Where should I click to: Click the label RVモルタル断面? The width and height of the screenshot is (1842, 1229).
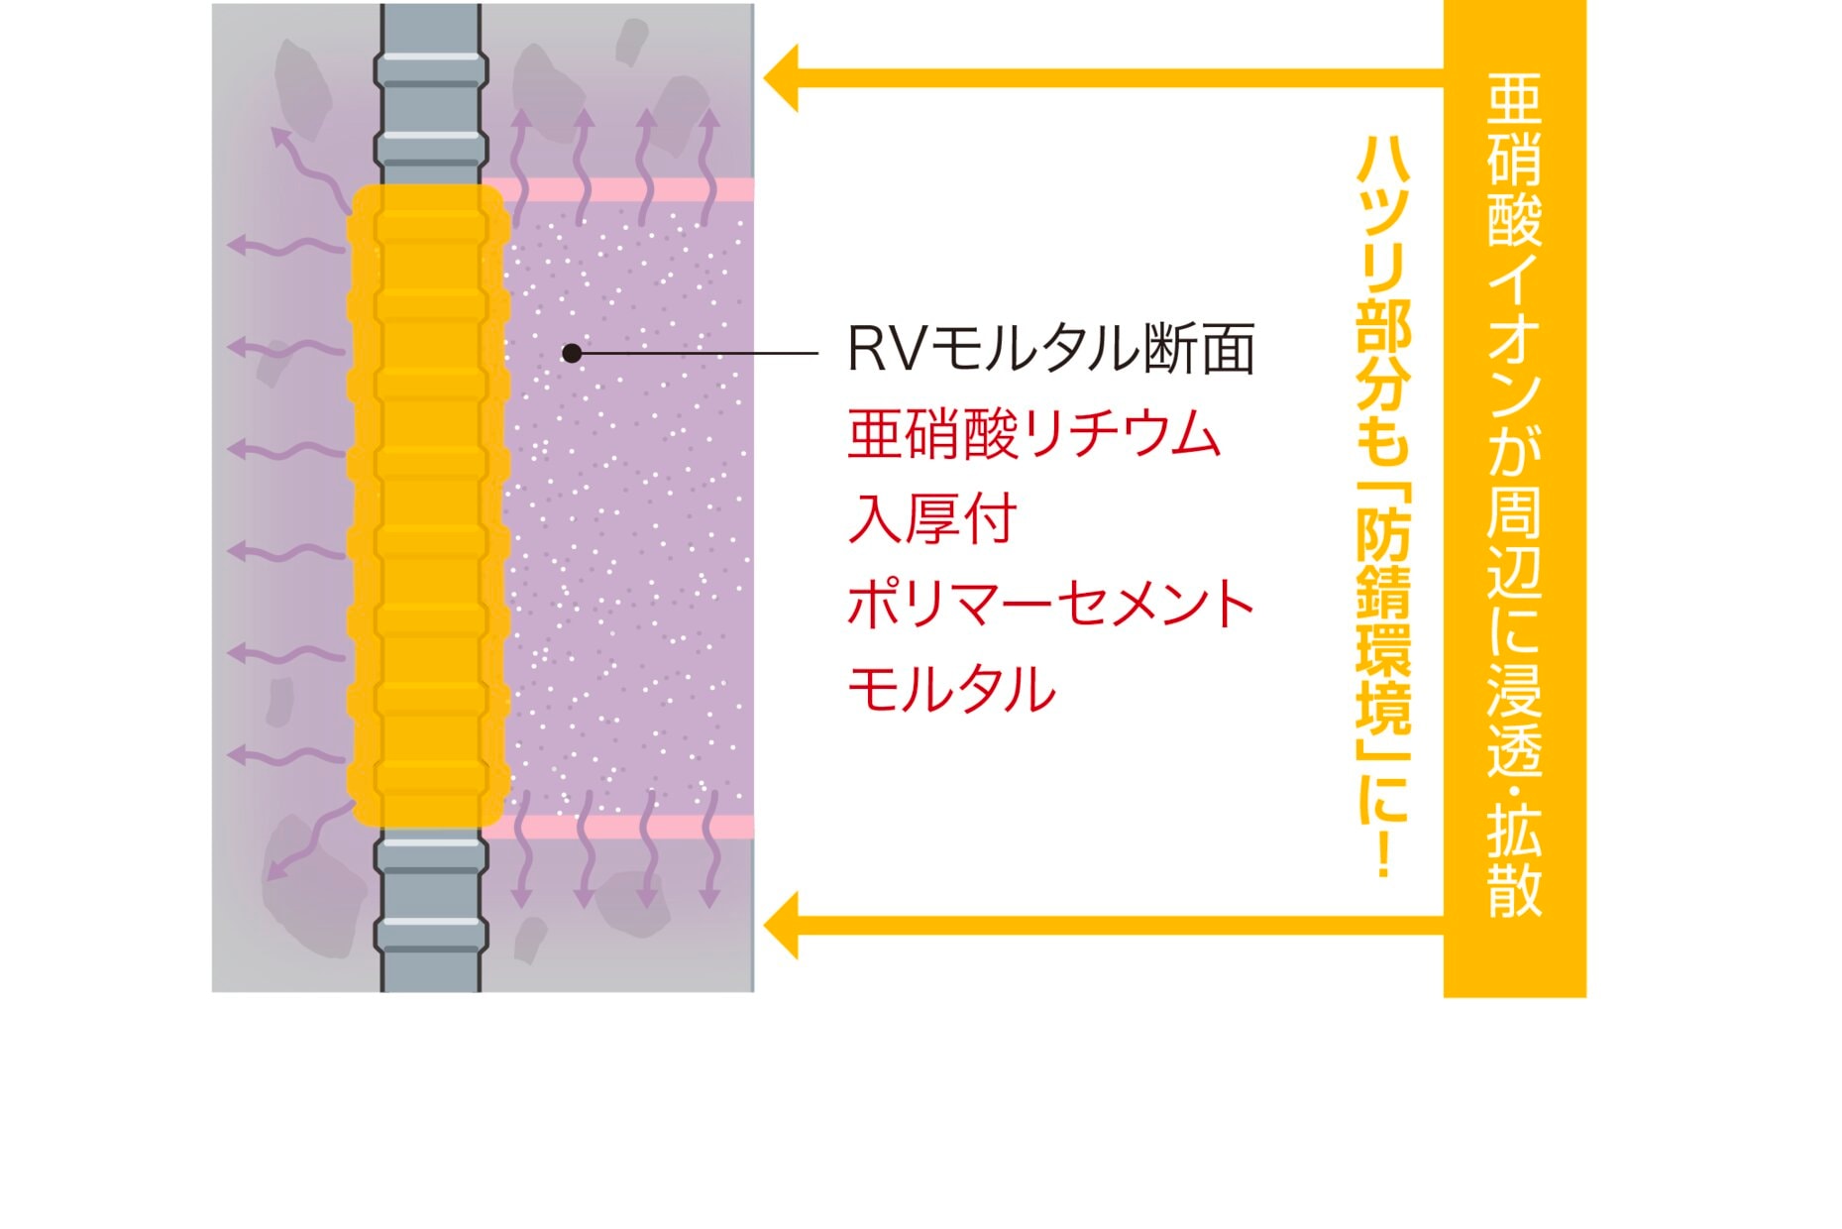pyautogui.click(x=1050, y=349)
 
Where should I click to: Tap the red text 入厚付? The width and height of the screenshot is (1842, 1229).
pyautogui.click(x=931, y=519)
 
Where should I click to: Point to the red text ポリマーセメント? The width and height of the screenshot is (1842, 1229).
pyautogui.click(x=1050, y=604)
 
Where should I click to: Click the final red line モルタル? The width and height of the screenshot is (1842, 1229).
pyautogui.click(x=951, y=689)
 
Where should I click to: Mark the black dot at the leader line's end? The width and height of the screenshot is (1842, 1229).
pyautogui.click(x=572, y=353)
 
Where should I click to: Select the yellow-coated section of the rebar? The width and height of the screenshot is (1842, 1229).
pyautogui.click(x=429, y=505)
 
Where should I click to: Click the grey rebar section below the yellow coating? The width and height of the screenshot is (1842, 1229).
pyautogui.click(x=431, y=912)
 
